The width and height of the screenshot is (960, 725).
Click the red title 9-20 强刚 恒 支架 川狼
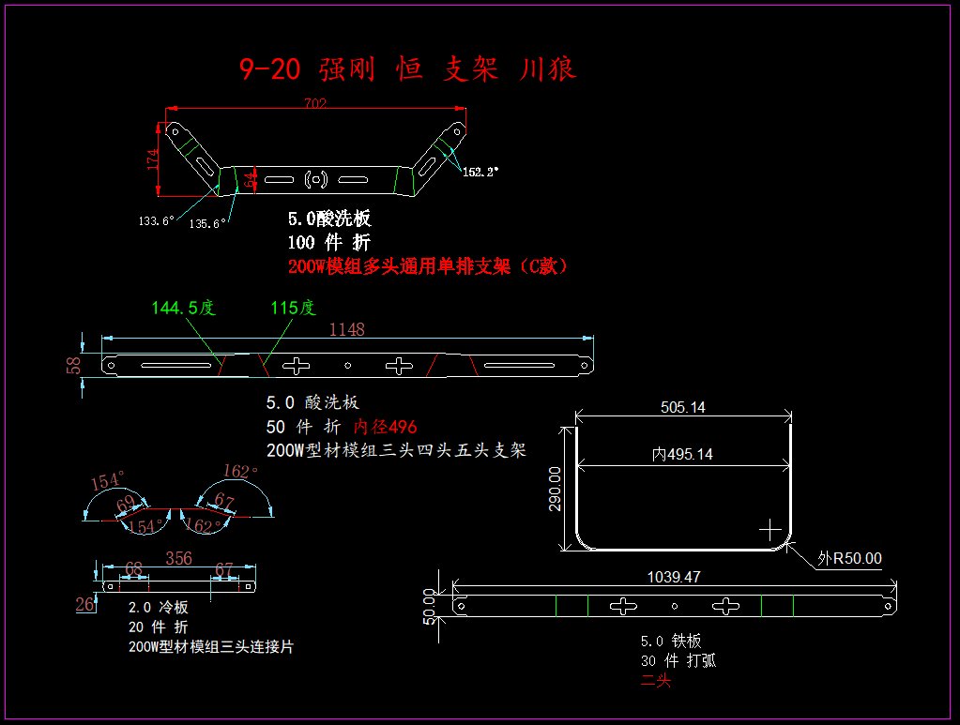pyautogui.click(x=407, y=68)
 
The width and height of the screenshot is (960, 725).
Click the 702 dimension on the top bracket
pyautogui.click(x=315, y=104)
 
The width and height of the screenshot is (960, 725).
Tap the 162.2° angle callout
pyautogui.click(x=480, y=172)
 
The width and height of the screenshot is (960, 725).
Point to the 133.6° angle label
pyautogui.click(x=156, y=221)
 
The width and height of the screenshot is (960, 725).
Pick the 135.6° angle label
pyautogui.click(x=206, y=223)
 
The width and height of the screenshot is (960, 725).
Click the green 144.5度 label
pyautogui.click(x=183, y=308)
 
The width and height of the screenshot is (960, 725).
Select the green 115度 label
pyautogui.click(x=293, y=308)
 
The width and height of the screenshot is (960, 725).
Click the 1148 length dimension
pyautogui.click(x=346, y=329)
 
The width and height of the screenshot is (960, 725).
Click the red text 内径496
pyautogui.click(x=385, y=427)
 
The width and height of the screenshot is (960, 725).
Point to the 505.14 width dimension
pyautogui.click(x=682, y=407)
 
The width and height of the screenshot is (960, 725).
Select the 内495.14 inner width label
pyautogui.click(x=682, y=454)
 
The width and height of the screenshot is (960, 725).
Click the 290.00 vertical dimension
pyautogui.click(x=555, y=489)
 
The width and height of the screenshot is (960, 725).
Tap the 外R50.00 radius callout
pyautogui.click(x=849, y=558)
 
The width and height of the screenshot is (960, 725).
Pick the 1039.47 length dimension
pyautogui.click(x=674, y=577)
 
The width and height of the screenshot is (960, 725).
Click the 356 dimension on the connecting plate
pyautogui.click(x=178, y=558)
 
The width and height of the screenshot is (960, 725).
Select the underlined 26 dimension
pyautogui.click(x=84, y=605)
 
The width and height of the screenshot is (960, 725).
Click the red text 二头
pyautogui.click(x=656, y=680)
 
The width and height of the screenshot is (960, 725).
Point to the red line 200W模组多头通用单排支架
pyautogui.click(x=428, y=266)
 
